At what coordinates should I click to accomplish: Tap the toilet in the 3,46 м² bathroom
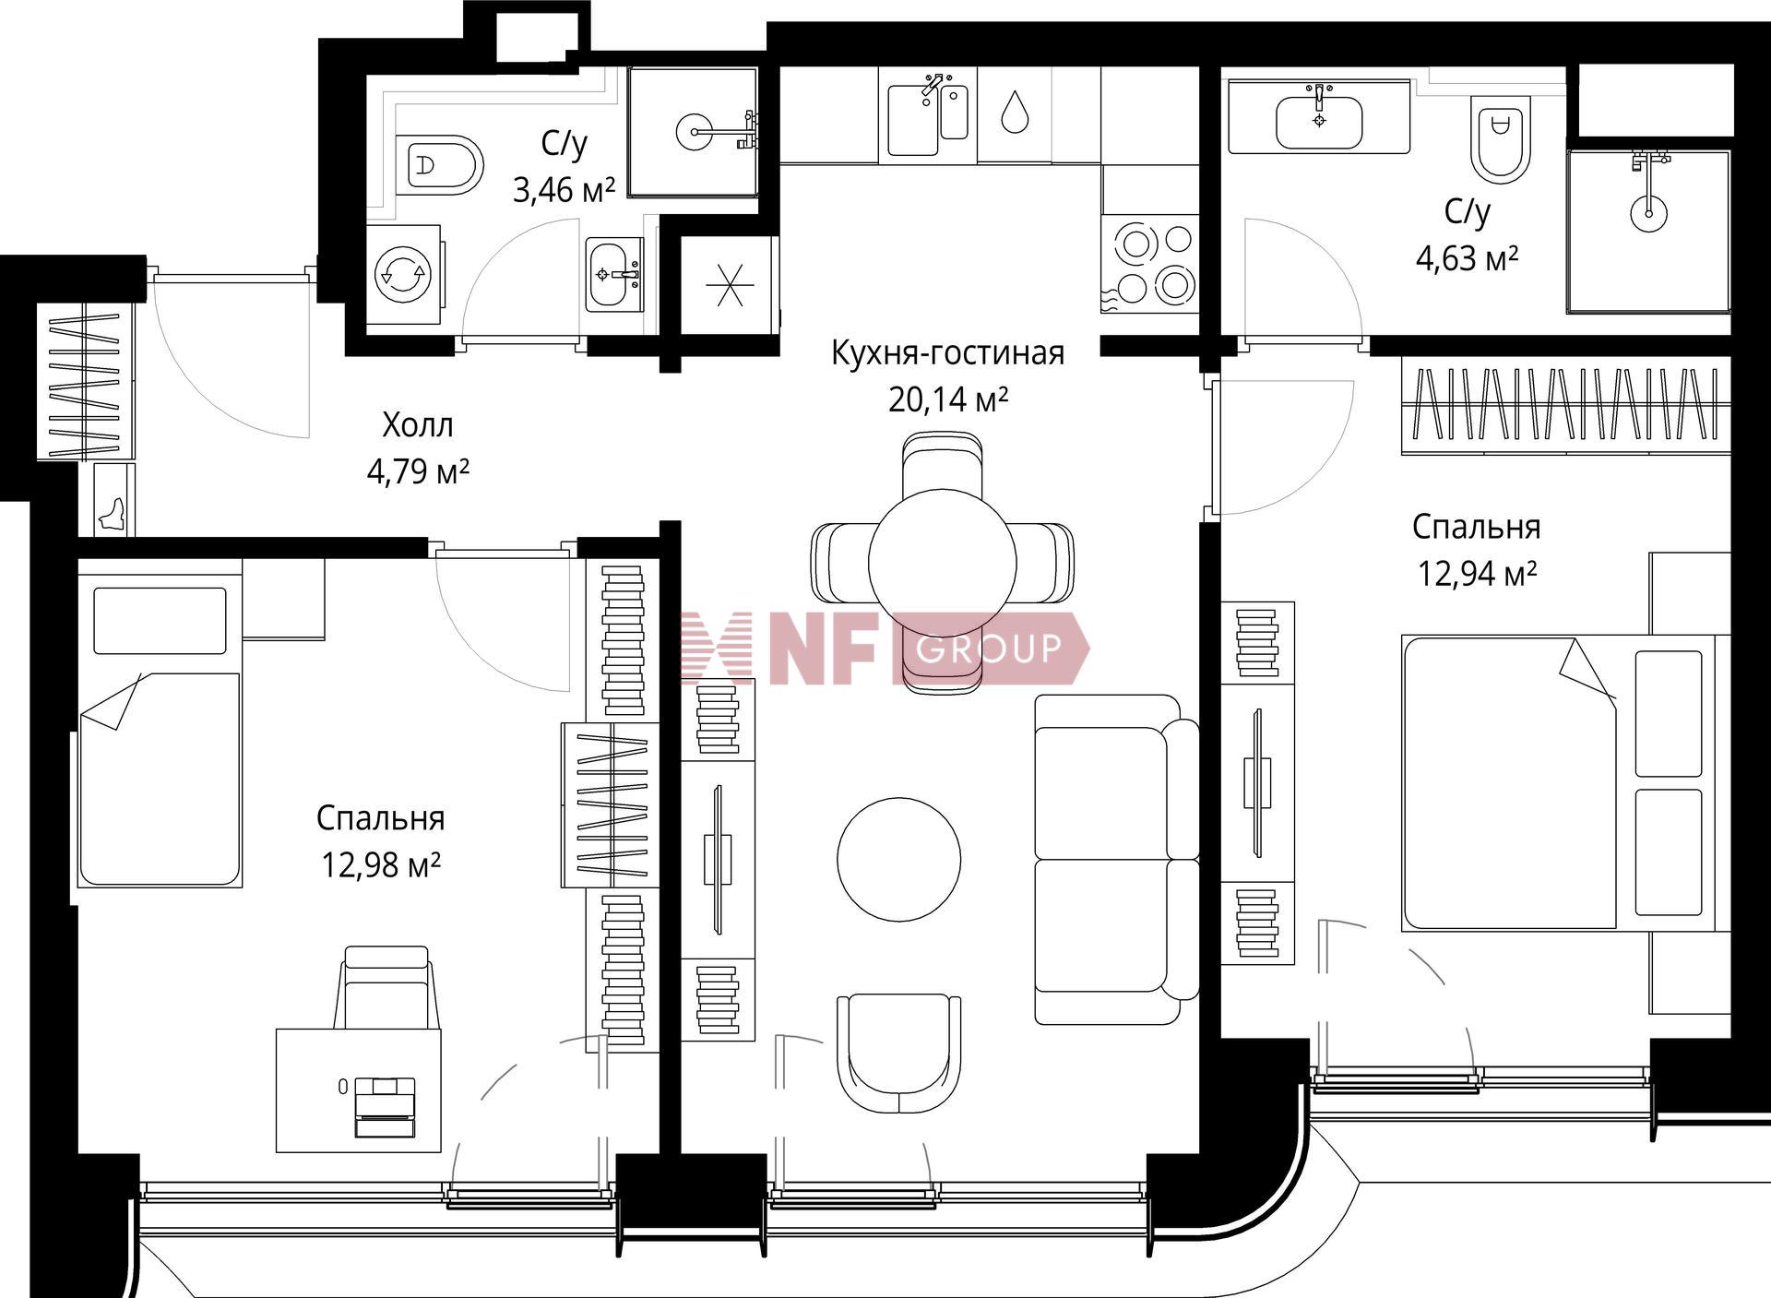click(440, 165)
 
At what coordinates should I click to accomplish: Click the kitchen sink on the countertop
click(928, 115)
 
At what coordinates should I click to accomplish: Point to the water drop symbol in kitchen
click(1015, 111)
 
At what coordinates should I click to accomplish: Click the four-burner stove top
click(1149, 264)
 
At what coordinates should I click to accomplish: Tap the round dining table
click(942, 563)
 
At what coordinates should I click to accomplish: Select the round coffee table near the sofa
click(899, 859)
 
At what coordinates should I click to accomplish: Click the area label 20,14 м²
click(948, 399)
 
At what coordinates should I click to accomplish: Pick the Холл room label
click(418, 425)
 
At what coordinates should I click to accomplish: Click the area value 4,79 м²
click(419, 471)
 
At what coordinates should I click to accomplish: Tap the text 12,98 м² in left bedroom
click(380, 864)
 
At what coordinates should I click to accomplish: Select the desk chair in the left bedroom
click(386, 987)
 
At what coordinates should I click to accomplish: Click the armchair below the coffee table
click(899, 1054)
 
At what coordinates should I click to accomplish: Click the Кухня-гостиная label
click(948, 352)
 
